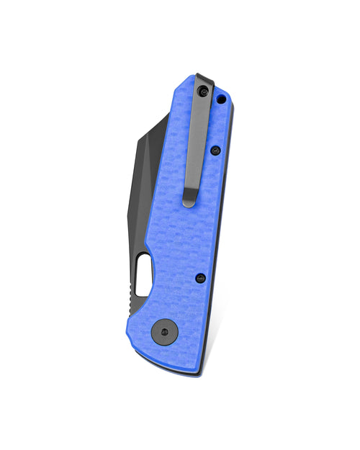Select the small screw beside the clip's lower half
pos(215,150)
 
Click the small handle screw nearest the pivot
pos(200,278)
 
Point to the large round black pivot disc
pos(166,331)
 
